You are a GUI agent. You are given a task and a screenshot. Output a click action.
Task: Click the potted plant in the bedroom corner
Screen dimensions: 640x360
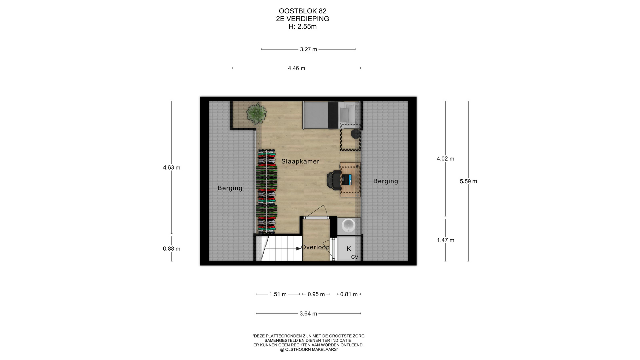point(256,113)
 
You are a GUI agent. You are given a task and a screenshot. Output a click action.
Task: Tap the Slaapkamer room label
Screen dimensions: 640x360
point(300,161)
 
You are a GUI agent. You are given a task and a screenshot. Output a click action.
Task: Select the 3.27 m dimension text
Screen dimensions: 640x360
point(308,49)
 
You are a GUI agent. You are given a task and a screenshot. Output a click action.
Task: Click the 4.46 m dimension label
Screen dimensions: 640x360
point(296,68)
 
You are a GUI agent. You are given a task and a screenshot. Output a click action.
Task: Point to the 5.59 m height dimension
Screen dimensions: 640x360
point(468,181)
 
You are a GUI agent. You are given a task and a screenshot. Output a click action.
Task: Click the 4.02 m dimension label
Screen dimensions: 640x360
point(446,159)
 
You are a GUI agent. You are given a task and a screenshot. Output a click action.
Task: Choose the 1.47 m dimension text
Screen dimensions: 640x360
point(446,240)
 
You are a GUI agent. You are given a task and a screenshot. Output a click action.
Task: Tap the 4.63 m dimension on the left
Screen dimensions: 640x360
point(172,168)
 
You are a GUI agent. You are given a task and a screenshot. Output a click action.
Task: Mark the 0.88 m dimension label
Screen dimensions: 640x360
point(172,249)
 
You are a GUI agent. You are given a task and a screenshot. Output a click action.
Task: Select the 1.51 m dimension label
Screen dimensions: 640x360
point(278,294)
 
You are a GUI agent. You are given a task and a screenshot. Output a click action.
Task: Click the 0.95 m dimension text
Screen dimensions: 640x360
point(316,294)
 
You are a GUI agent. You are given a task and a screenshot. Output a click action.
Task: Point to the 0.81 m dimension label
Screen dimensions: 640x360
point(349,294)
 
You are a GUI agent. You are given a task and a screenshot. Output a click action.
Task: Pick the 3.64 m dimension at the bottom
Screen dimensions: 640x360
point(308,314)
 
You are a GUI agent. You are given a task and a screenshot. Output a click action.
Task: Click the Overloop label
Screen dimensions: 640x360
point(315,247)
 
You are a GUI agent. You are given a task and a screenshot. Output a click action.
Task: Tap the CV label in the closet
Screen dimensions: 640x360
point(355,257)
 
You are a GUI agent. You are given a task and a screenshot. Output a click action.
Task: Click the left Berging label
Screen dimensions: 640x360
point(230,188)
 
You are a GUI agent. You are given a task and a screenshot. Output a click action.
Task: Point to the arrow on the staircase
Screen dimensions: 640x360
point(298,248)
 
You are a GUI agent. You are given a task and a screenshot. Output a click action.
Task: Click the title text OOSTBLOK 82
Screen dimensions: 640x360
point(303,11)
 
